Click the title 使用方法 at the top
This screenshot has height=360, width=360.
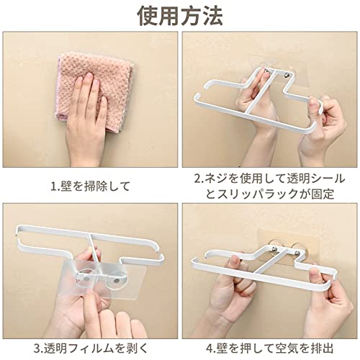(180, 16)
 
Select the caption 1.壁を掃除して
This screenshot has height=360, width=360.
(91, 186)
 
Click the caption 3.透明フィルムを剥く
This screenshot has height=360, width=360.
(91, 348)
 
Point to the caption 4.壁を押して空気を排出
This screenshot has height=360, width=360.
(269, 348)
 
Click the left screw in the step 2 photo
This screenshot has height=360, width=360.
(267, 71)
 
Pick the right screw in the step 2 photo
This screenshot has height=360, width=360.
(287, 76)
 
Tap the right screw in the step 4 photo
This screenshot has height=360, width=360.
(297, 253)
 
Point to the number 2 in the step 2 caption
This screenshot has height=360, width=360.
(197, 179)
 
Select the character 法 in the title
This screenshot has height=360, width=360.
(212, 16)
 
